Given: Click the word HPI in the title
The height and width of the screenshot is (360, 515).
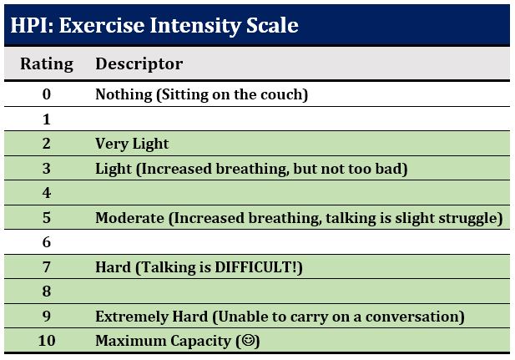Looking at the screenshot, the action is [32, 25].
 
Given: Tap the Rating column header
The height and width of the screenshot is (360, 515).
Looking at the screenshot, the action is [47, 63].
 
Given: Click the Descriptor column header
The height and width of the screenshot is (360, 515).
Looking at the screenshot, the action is [139, 63].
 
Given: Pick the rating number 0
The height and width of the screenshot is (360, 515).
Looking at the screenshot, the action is [47, 94].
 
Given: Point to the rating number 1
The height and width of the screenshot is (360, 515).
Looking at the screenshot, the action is [47, 119].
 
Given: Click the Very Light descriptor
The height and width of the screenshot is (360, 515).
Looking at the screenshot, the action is [132, 144].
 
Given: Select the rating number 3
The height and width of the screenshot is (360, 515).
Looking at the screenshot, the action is [47, 169].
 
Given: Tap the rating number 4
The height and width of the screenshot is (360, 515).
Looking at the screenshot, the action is [47, 193].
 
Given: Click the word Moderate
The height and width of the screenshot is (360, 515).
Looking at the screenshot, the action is [129, 218].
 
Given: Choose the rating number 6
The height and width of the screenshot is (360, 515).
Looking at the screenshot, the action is [47, 242].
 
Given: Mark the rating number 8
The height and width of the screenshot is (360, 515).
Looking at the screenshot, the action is [47, 292].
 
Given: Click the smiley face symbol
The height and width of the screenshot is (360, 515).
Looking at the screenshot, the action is [248, 340].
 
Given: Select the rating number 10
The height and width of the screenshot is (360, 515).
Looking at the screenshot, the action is [47, 341].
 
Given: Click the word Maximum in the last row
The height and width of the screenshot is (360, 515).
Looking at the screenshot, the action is [130, 341].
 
